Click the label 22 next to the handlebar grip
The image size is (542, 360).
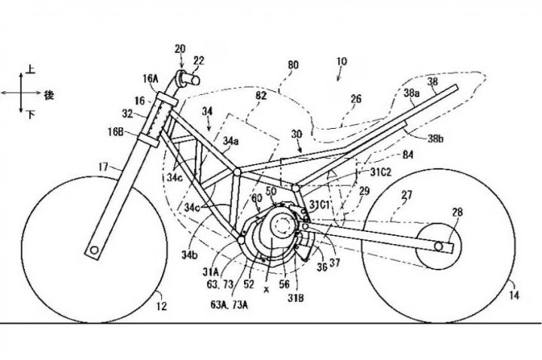tap(198, 60)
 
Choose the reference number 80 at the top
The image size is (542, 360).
tap(294, 66)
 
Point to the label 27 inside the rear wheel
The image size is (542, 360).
tap(406, 196)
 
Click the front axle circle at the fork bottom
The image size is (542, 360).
tap(95, 249)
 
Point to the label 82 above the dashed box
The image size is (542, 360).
tap(261, 96)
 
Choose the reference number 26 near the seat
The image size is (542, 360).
tap(357, 98)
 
